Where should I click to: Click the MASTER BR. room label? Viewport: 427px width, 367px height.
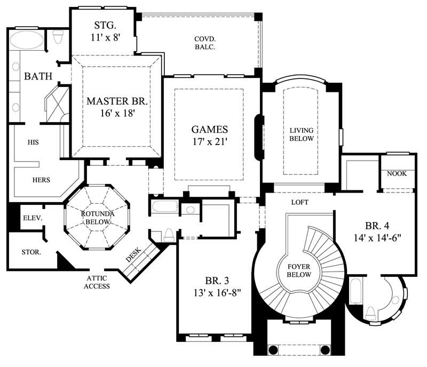click(x=117, y=101)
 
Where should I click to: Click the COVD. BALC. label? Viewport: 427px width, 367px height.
click(x=204, y=42)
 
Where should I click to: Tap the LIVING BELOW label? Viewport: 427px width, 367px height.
click(x=302, y=134)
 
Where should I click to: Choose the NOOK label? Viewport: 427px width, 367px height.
click(x=397, y=173)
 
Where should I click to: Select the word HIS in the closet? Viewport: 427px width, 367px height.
click(x=33, y=142)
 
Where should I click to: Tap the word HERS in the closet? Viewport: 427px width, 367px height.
click(x=41, y=180)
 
